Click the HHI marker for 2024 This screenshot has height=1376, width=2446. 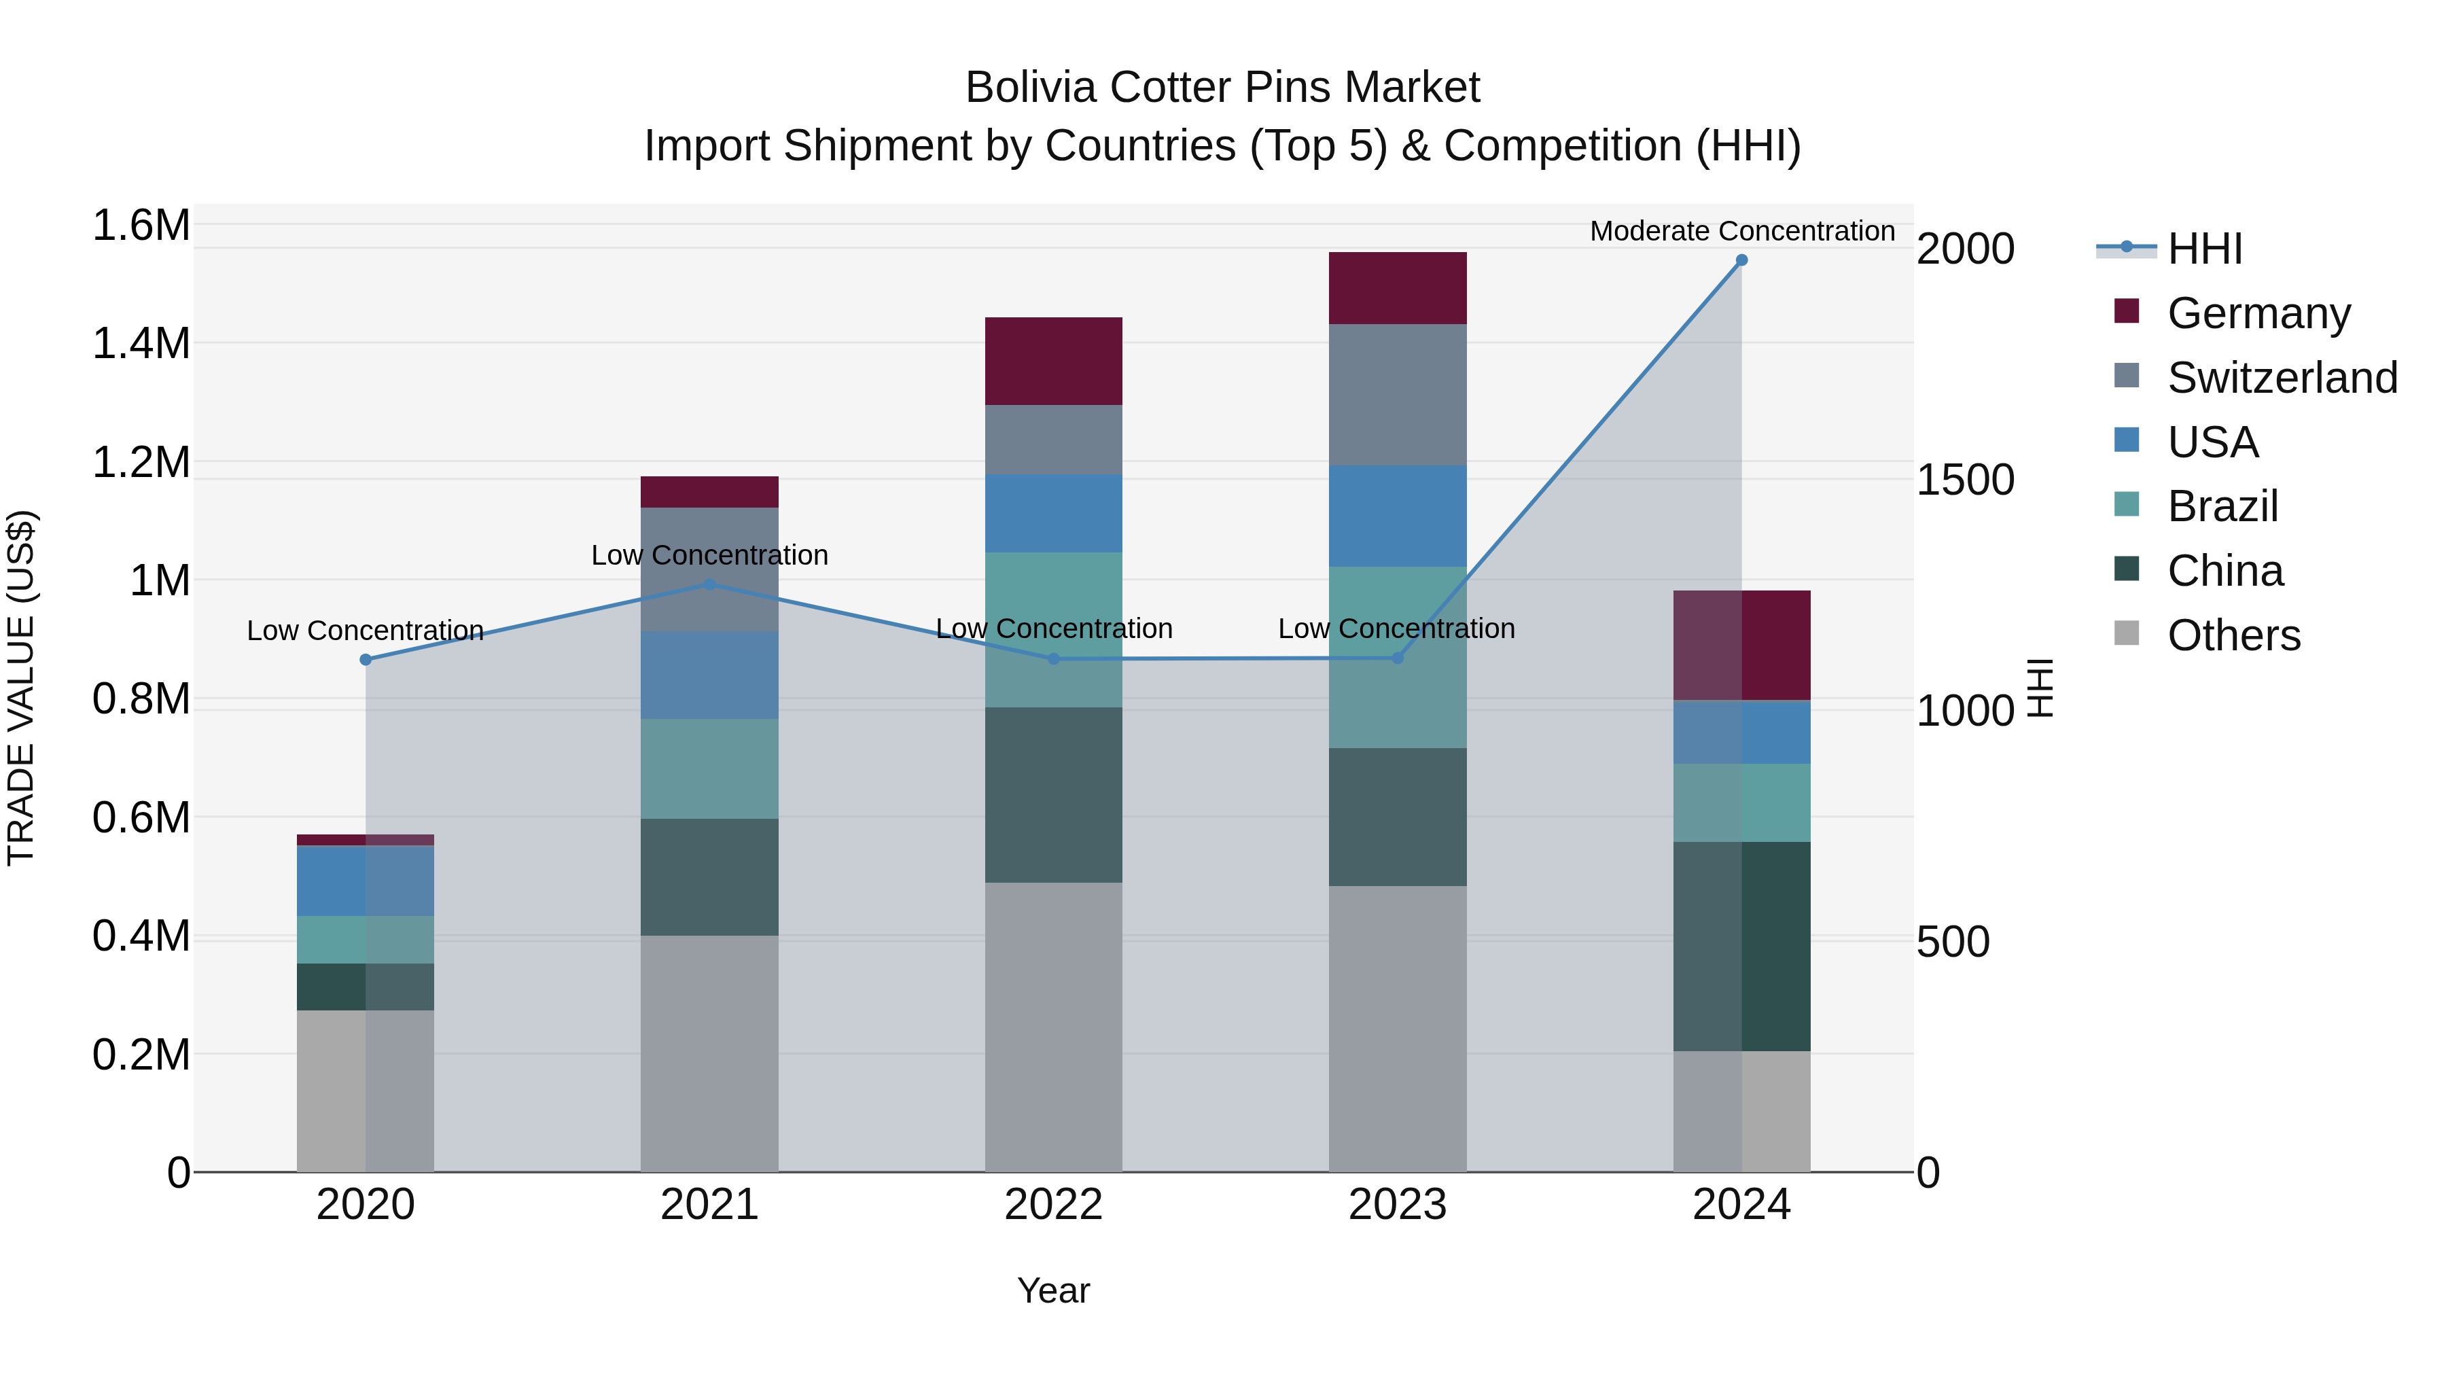click(x=1741, y=260)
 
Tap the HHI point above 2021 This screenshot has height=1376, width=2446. click(x=709, y=585)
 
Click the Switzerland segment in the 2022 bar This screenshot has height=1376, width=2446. click(x=1053, y=440)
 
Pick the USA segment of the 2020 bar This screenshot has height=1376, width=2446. click(x=366, y=880)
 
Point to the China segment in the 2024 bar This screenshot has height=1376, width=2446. click(x=1741, y=946)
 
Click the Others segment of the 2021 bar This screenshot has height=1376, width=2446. click(x=709, y=1053)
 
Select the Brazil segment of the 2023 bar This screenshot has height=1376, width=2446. click(x=1397, y=657)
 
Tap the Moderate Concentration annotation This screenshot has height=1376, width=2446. click(x=1741, y=231)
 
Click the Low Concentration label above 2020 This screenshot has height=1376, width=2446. click(x=366, y=631)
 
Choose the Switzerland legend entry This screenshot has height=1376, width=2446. click(x=2282, y=378)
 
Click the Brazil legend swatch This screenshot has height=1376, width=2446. click(x=2127, y=504)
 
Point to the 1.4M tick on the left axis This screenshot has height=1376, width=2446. click(x=141, y=343)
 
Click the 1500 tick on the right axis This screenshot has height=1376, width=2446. click(x=1964, y=480)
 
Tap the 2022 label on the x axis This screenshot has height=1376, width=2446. click(x=1053, y=1205)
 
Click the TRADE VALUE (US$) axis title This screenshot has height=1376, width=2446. click(x=21, y=688)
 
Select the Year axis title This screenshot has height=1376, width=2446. click(x=1053, y=1290)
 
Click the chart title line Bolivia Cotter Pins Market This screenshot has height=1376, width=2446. click(x=1222, y=88)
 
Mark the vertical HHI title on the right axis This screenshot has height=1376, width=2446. click(x=2040, y=688)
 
